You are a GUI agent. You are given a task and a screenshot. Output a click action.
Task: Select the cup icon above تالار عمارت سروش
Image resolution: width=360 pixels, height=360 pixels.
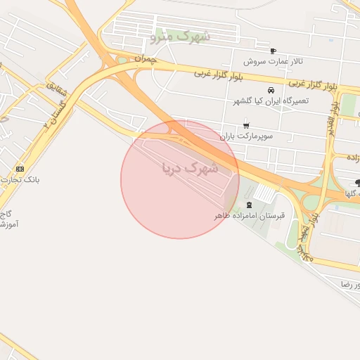[273, 51]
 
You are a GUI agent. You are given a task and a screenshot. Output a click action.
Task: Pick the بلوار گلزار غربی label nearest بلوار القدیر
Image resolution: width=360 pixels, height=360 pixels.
[313, 84]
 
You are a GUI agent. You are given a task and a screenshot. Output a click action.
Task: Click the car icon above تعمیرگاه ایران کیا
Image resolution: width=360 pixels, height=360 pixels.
[271, 91]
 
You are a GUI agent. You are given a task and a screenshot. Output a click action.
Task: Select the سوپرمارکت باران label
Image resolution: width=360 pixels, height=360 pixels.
[245, 136]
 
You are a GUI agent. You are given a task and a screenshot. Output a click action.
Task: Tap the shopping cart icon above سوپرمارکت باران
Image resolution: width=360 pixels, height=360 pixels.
[245, 127]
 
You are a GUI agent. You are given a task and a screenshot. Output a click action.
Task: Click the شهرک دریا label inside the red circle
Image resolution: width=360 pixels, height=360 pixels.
[190, 168]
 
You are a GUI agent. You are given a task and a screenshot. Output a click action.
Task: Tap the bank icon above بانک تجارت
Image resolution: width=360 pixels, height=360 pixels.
[20, 169]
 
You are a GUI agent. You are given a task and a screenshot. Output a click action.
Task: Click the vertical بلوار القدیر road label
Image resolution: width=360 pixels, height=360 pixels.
[331, 124]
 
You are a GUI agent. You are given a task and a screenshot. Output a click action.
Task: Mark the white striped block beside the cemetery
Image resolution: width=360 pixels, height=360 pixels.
[264, 192]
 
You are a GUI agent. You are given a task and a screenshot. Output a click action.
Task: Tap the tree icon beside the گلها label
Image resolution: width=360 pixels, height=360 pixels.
[358, 183]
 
